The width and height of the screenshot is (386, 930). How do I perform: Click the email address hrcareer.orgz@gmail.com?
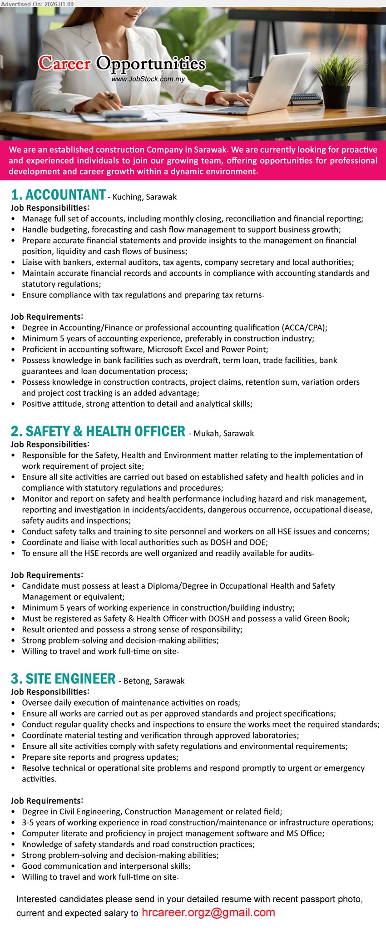(208, 913)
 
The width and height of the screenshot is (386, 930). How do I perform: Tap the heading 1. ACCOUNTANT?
(58, 195)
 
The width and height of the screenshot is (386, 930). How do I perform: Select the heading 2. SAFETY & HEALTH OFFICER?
(98, 431)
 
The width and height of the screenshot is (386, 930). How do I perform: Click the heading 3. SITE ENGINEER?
(63, 679)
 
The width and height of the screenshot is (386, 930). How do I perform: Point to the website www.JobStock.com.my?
(148, 79)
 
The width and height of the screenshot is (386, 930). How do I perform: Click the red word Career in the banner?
(65, 64)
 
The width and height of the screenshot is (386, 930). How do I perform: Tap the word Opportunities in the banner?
(151, 64)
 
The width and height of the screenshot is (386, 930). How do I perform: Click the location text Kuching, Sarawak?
(144, 197)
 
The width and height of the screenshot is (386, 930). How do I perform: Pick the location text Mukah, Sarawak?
(223, 433)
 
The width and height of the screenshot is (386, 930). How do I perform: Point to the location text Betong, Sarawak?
(154, 681)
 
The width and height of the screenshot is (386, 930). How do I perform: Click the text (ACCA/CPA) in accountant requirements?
(304, 327)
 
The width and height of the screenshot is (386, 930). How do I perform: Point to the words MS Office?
(305, 833)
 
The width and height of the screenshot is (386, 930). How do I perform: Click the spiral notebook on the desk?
(305, 99)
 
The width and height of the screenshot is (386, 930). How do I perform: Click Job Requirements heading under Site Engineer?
(47, 801)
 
